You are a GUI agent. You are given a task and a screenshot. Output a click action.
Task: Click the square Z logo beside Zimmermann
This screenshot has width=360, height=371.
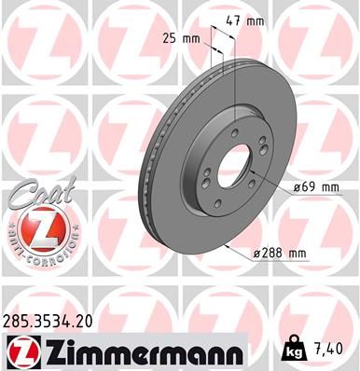[x=21, y=351]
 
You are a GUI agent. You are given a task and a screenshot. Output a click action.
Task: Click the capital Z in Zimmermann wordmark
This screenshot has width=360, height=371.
[x=55, y=351]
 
